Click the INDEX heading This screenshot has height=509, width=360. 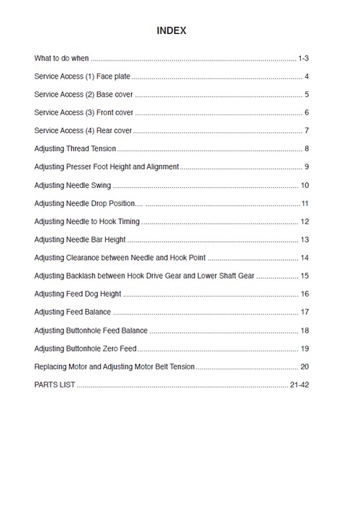[x=171, y=31]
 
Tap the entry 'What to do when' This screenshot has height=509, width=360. [x=61, y=58]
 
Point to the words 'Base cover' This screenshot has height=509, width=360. [x=114, y=94]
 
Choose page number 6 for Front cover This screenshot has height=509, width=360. [x=307, y=112]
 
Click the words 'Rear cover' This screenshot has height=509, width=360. [x=114, y=130]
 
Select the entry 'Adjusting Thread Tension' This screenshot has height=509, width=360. [x=75, y=149]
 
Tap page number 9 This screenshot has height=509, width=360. [x=307, y=167]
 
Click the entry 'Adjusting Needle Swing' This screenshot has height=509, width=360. [x=73, y=185]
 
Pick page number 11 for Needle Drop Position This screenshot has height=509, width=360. [x=305, y=204]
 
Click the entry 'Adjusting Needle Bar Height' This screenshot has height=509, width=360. [x=80, y=240]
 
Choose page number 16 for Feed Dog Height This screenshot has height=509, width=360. [x=305, y=294]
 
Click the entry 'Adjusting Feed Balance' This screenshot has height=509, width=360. [x=73, y=312]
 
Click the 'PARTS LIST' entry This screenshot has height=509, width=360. [x=54, y=384]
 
